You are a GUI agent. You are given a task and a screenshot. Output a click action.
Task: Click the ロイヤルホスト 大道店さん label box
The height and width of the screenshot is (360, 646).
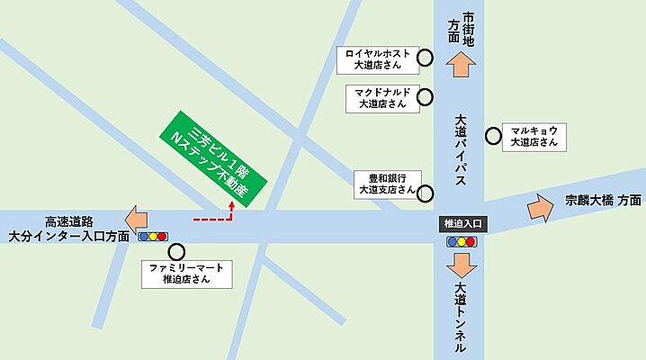(x=376, y=59)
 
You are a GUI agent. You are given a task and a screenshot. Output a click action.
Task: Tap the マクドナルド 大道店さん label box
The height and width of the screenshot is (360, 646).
(x=382, y=97)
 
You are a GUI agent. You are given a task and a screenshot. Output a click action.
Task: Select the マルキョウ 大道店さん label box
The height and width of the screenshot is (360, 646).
(x=534, y=136)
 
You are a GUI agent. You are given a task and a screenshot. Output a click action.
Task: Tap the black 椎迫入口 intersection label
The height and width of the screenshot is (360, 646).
(x=462, y=222)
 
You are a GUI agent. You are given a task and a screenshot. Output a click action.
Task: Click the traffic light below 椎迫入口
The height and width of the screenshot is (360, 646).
(x=462, y=241)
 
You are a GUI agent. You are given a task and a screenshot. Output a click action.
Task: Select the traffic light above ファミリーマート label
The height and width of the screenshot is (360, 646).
(x=153, y=237)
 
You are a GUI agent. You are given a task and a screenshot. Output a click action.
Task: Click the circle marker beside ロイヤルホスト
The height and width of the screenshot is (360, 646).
(x=426, y=58)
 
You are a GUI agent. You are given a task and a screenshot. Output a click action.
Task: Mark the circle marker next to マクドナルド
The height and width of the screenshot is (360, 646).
(x=426, y=96)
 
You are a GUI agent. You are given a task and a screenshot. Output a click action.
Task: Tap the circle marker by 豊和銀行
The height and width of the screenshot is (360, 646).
(x=426, y=193)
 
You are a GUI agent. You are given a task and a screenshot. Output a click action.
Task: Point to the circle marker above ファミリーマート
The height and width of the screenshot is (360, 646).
(x=176, y=253)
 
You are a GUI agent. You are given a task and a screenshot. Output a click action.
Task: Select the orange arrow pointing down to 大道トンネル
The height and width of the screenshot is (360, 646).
(x=462, y=266)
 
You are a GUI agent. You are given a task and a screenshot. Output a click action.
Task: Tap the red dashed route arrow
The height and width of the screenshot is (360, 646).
(x=215, y=216)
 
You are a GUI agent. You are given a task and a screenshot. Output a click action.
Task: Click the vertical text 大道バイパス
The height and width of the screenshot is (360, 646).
(x=462, y=148)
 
